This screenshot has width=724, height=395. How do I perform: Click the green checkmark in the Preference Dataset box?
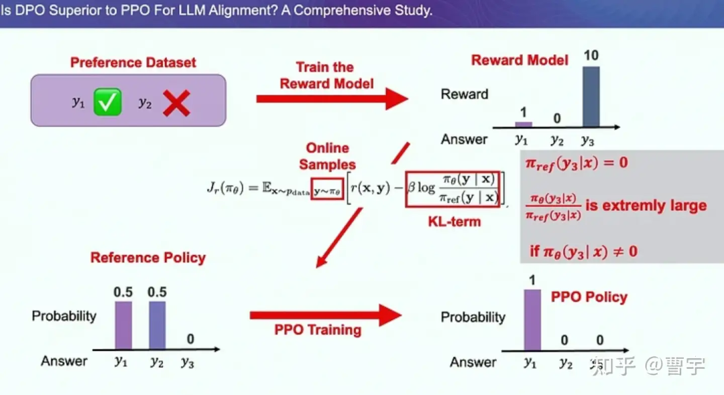107,102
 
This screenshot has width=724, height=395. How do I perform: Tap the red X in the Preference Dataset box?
176,103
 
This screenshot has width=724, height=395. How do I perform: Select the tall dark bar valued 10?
591,96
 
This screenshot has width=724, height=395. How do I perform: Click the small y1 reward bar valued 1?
524,124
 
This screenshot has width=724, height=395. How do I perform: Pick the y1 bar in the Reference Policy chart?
123,325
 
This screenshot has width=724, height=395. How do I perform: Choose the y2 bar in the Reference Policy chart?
158,325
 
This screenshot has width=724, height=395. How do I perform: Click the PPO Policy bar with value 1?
532,320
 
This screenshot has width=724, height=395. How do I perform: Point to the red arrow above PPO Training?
326,315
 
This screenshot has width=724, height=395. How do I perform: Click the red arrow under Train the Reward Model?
333,98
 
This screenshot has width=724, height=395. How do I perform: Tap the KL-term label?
455,222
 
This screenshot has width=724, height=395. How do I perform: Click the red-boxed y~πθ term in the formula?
327,189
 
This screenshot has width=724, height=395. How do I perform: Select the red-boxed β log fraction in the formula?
453,189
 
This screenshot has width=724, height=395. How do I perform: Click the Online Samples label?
327,156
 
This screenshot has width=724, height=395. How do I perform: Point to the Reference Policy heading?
147,258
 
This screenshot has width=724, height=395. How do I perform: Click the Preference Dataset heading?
133,63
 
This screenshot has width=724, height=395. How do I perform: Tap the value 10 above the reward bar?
591,56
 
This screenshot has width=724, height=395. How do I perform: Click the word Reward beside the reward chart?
465,94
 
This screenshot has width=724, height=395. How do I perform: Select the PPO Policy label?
589,297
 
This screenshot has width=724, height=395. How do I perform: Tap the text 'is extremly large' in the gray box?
646,206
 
